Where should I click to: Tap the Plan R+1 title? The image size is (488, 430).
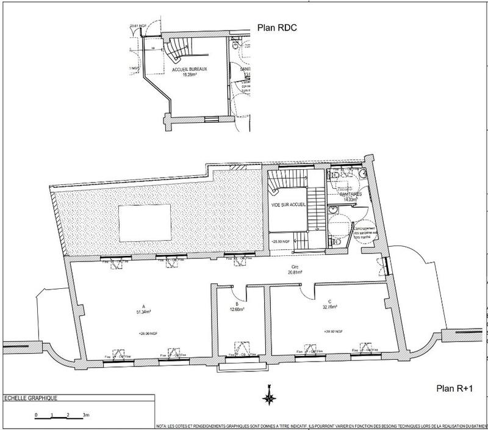tap(454, 387)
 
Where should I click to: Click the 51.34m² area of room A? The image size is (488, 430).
tap(143, 312)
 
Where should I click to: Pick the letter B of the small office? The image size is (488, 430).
tap(235, 304)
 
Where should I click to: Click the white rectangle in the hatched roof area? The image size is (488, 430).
tap(144, 220)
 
